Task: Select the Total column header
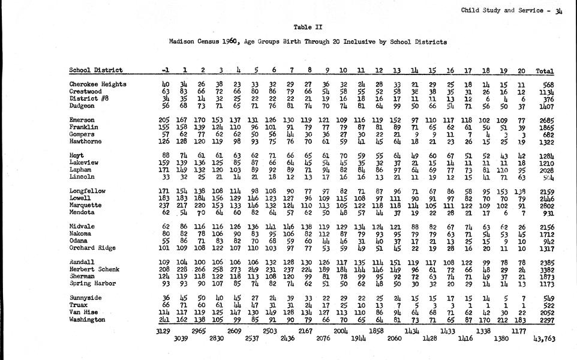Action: click(545, 70)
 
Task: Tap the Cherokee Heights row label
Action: click(98, 84)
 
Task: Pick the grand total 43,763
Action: click(544, 339)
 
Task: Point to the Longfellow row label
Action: click(88, 191)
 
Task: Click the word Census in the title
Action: click(209, 43)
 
